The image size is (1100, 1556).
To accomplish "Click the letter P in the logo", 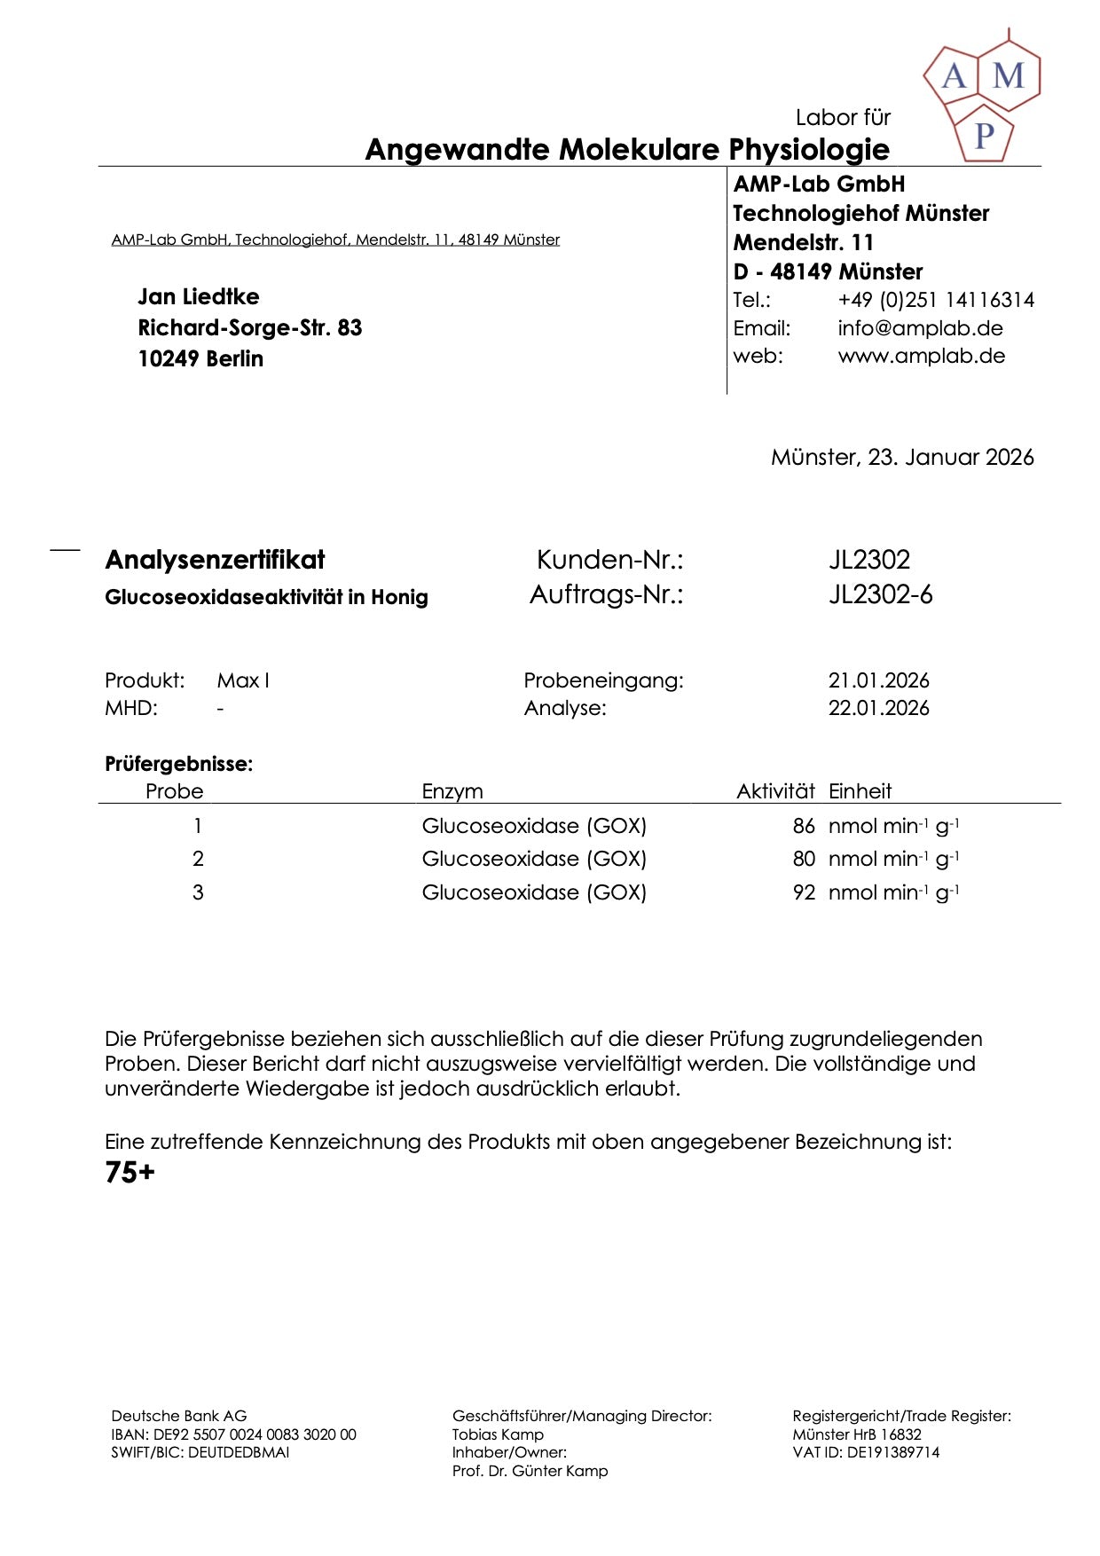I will [984, 135].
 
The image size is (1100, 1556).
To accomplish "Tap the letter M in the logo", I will [1008, 76].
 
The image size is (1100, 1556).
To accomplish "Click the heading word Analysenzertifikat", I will [215, 560].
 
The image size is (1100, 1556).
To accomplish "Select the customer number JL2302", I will [869, 560].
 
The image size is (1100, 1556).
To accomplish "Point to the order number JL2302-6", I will [880, 594].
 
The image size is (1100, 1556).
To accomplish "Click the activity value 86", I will [804, 826].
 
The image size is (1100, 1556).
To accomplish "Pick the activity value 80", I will [804, 859].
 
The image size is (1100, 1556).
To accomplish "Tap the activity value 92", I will [804, 892].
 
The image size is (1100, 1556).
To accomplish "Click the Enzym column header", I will [452, 791].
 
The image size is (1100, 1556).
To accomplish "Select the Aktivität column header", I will [775, 791].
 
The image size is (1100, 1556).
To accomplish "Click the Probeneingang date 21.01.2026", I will [878, 680].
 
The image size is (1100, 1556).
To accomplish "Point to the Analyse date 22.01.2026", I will [878, 708].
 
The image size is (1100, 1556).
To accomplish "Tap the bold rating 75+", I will [130, 1173].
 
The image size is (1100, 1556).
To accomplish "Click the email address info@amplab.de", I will [920, 328].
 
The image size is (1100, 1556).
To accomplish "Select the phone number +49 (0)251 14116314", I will [936, 300].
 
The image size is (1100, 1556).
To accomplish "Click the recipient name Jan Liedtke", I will [199, 296].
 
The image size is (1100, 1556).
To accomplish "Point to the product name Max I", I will [243, 680].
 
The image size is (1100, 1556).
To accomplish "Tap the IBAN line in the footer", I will [233, 1434].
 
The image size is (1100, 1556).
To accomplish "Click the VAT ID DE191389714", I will [892, 1452].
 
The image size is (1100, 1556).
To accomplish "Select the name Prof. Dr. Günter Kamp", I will [530, 1471].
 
